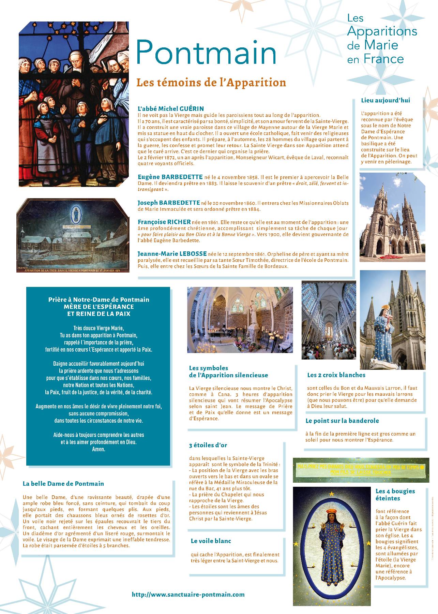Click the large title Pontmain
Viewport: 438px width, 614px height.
[206, 52]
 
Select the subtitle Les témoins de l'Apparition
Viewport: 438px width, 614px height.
[211, 83]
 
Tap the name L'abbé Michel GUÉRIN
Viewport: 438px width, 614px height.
[170, 109]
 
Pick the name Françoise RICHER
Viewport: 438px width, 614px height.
[164, 222]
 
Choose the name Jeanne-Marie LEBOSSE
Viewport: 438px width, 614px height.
[172, 253]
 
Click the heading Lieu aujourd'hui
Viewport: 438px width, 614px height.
[385, 100]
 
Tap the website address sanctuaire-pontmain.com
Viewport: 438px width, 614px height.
[188, 594]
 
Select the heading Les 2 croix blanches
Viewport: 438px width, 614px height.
[336, 375]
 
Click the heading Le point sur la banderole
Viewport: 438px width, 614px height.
[342, 421]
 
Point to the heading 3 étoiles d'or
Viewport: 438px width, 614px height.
[208, 445]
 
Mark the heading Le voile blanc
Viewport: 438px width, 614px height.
[211, 541]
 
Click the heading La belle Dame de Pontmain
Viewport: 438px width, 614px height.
[63, 483]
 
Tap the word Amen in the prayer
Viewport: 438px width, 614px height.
[99, 449]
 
